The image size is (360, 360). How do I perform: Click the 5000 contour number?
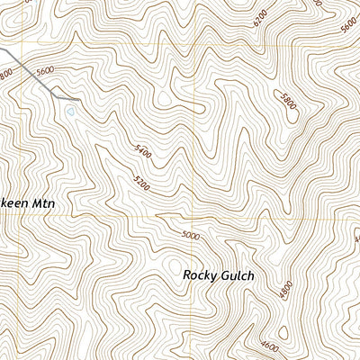click(191, 236)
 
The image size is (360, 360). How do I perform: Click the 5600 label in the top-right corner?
click(348, 26)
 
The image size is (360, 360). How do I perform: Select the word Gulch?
click(238, 275)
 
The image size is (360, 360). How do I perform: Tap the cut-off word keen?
click(14, 204)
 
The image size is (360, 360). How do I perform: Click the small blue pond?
click(69, 112)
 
